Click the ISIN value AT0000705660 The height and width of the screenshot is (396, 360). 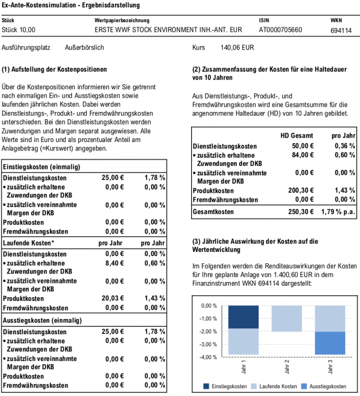(280, 30)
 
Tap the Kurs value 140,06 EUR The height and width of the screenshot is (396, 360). (237, 48)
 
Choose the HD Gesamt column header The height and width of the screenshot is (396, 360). (297, 136)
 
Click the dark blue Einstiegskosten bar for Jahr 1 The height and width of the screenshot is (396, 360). (243, 317)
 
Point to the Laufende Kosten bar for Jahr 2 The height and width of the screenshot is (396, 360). (286, 318)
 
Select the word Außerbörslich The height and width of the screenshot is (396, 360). (84, 48)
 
